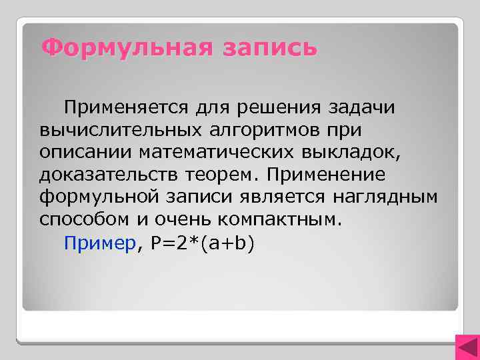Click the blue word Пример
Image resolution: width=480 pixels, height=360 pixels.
tap(100, 243)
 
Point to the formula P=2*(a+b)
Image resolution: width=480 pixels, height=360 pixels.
tap(203, 243)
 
